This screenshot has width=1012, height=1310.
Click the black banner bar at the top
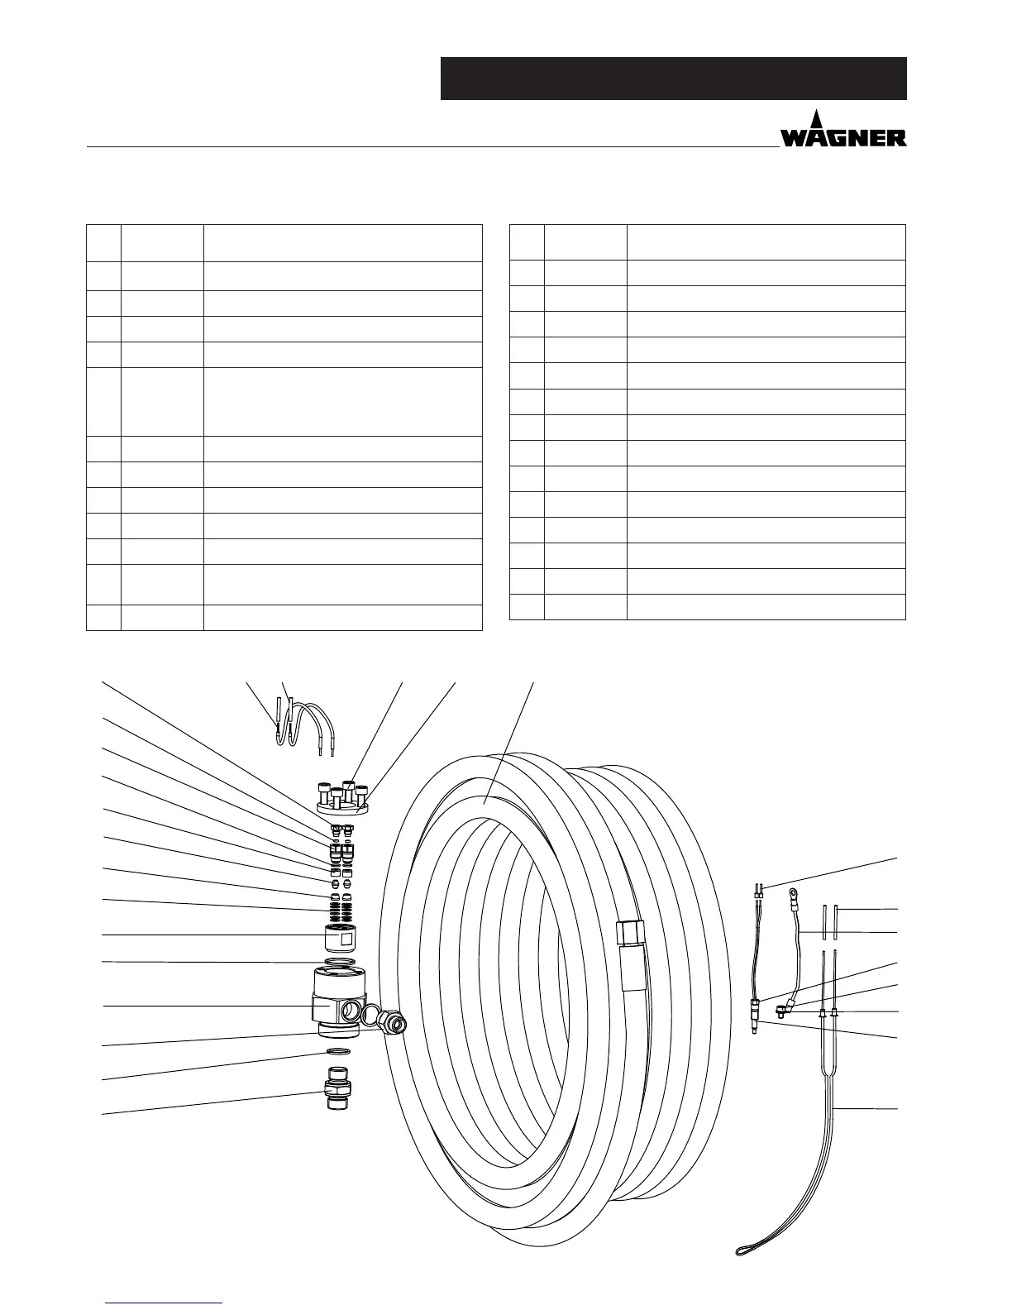(673, 79)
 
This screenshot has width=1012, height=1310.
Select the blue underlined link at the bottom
(165, 1301)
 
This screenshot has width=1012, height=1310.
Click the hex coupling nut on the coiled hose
(631, 932)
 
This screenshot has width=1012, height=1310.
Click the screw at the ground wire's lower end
(780, 1010)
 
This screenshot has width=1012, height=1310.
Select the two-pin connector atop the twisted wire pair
(758, 892)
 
